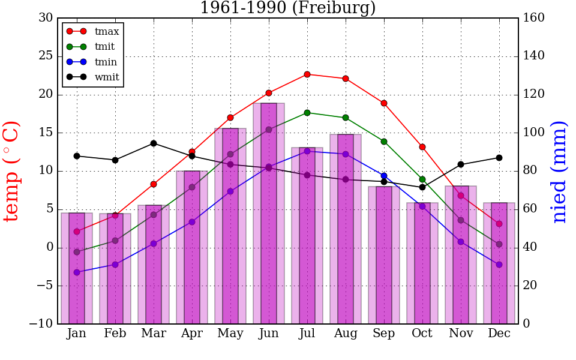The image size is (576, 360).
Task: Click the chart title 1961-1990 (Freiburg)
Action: pyautogui.click(x=287, y=8)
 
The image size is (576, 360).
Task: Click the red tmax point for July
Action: pyautogui.click(x=307, y=74)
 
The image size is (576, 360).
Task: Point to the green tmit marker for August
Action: pyautogui.click(x=346, y=118)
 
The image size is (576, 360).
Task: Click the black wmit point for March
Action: pyautogui.click(x=154, y=143)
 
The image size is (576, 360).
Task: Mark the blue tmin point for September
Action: pyautogui.click(x=384, y=176)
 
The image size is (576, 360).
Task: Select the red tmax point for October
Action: pyautogui.click(x=422, y=147)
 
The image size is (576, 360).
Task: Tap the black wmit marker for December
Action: pyautogui.click(x=499, y=158)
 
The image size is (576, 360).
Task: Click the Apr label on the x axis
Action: pyautogui.click(x=192, y=334)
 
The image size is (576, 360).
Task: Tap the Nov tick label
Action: pyautogui.click(x=461, y=334)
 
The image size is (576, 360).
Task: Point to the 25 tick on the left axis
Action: pyautogui.click(x=46, y=56)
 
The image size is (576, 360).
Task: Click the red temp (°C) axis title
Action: pyautogui.click(x=12, y=171)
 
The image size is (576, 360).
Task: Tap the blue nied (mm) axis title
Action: pyautogui.click(x=559, y=171)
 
